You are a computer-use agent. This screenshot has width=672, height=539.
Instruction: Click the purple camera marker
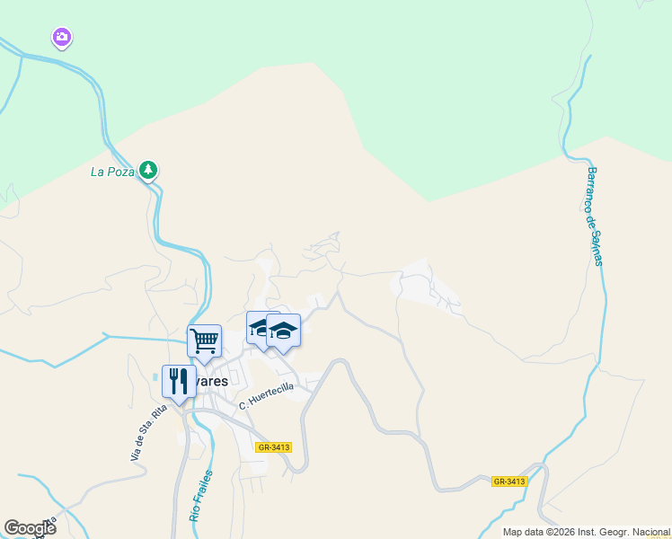pos(61,38)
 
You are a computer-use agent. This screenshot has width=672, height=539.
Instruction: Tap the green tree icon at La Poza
pos(149,170)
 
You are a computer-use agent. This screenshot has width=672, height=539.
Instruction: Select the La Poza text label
pos(112,172)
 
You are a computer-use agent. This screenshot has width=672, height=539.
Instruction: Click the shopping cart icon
pos(205,340)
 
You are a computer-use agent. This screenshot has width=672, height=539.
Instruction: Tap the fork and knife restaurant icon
pos(178,380)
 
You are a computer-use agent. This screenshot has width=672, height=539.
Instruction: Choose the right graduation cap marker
pos(284,331)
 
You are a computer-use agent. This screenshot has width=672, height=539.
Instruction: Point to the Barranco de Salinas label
pos(594,216)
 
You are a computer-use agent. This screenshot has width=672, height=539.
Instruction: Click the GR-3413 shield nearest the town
pos(273,446)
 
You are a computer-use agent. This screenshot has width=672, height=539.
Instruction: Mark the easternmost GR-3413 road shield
pos(509,482)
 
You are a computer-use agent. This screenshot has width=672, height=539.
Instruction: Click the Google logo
pos(30,528)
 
